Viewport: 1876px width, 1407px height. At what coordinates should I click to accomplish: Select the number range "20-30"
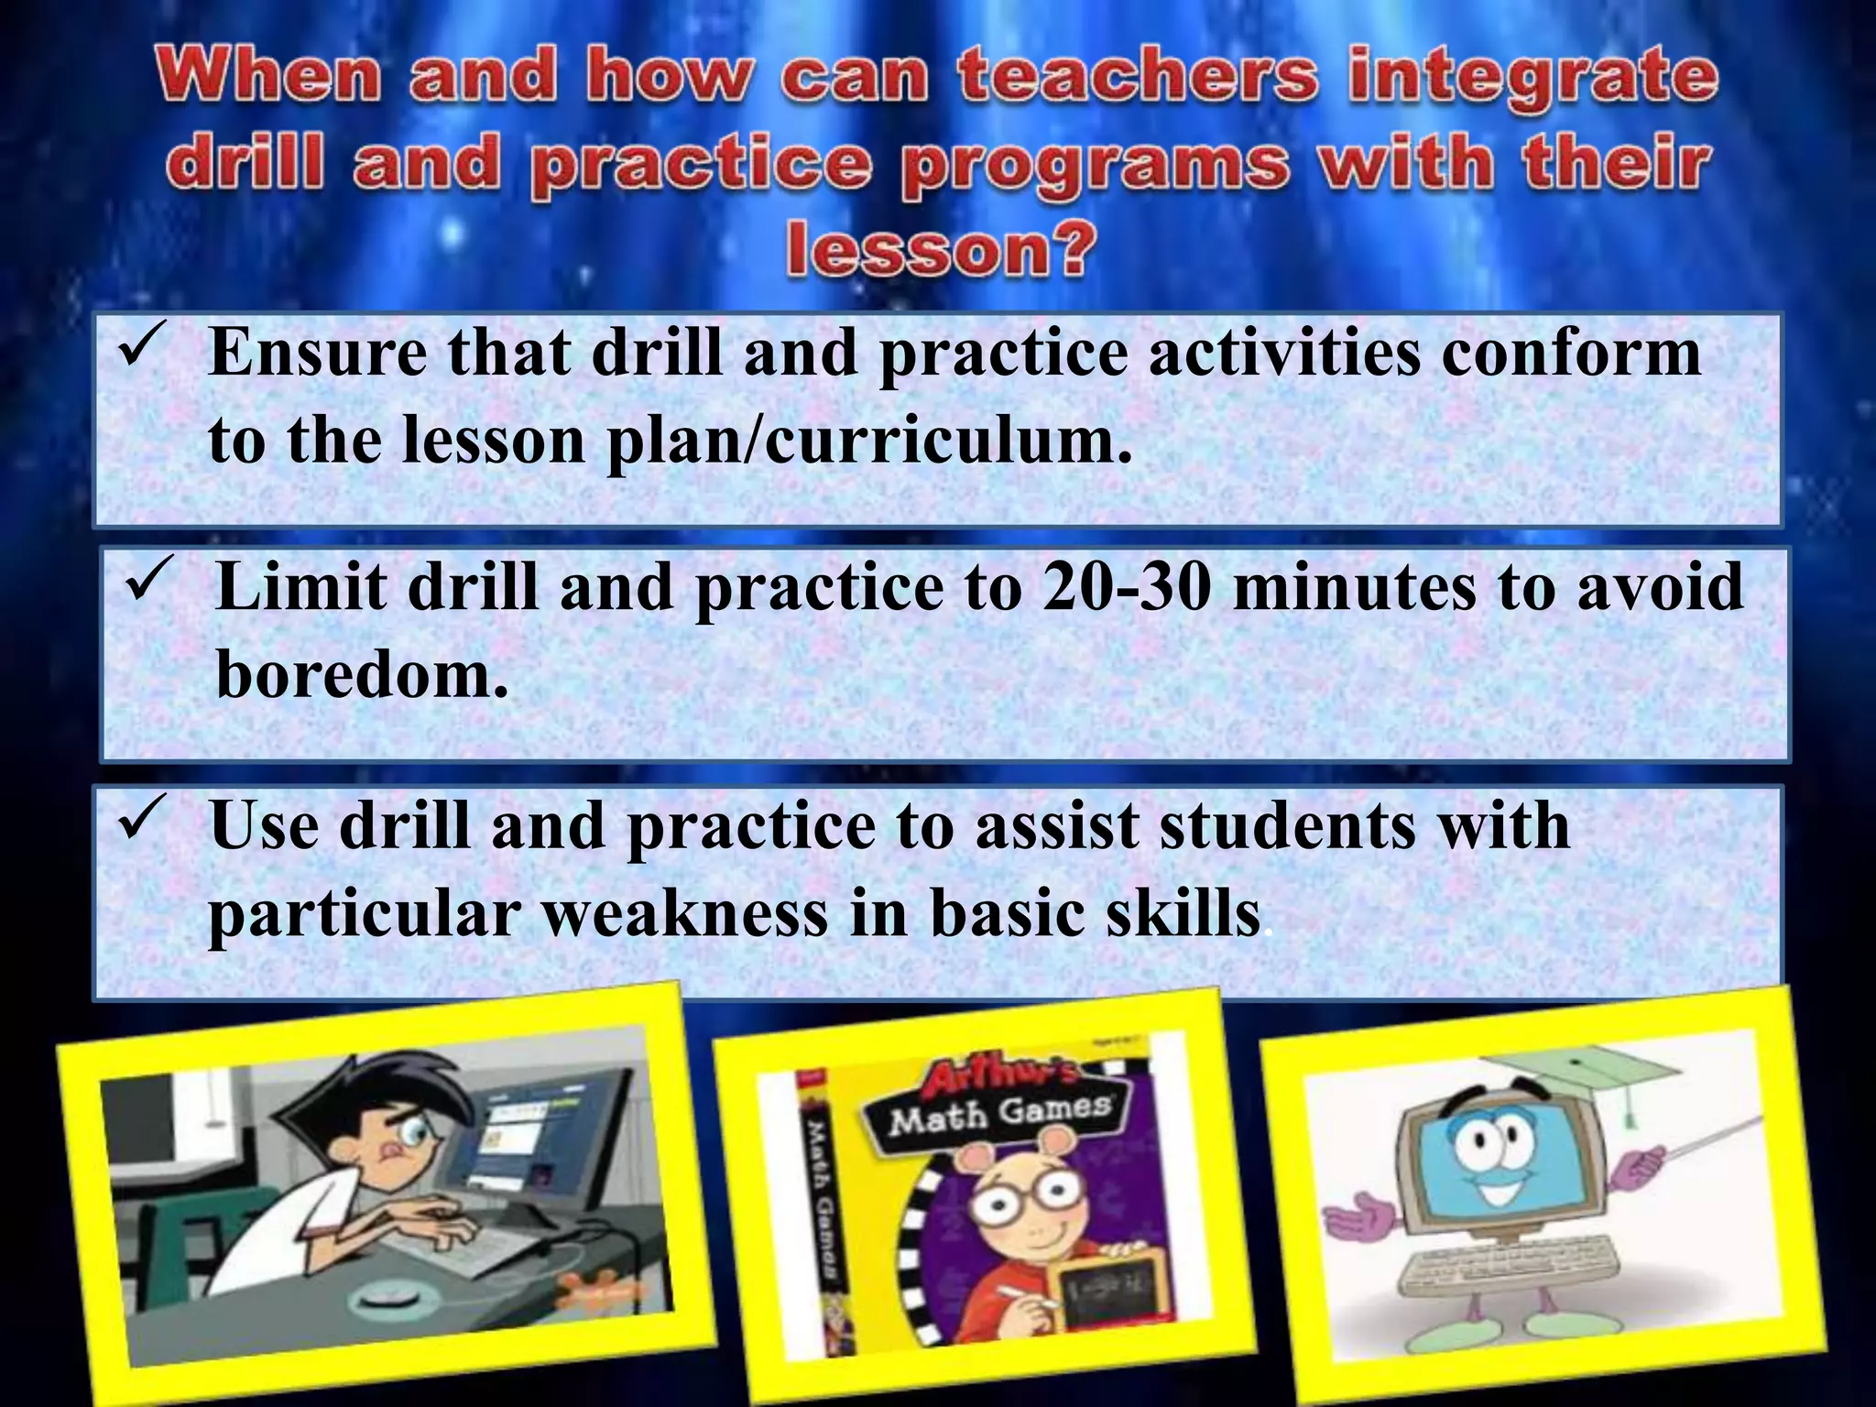1126,589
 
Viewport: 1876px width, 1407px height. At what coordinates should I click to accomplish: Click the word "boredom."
363,677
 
